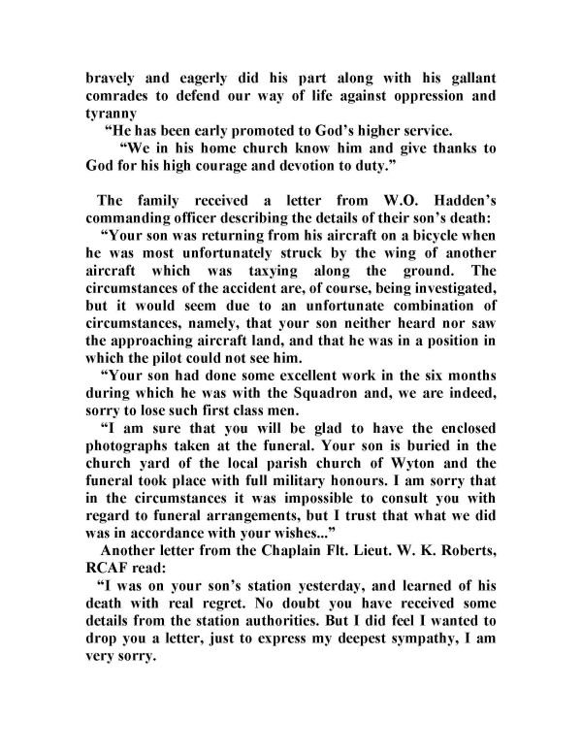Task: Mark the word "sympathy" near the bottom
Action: click(429, 652)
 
